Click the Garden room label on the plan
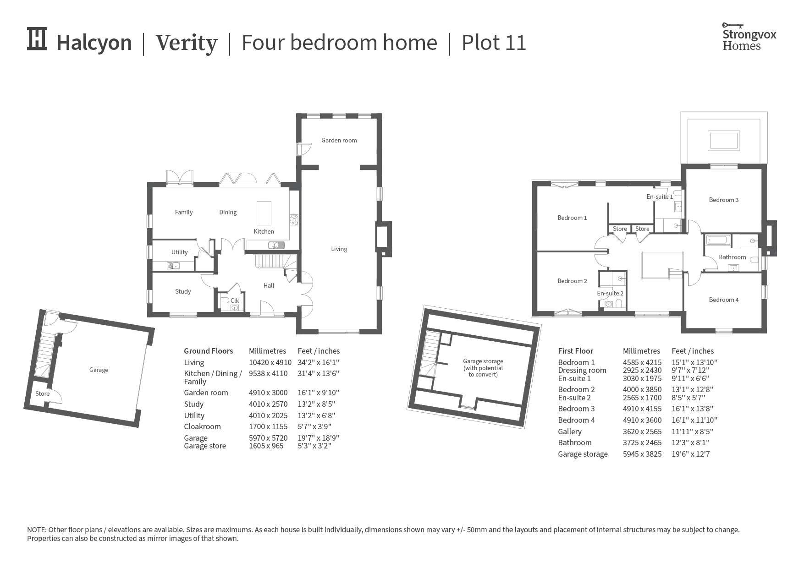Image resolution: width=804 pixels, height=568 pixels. click(x=339, y=141)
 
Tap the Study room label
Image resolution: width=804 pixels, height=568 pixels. click(x=183, y=292)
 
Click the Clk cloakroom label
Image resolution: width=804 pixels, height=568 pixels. click(x=235, y=301)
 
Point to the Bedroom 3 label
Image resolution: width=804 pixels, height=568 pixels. click(x=724, y=200)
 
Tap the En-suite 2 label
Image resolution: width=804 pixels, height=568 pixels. click(x=610, y=294)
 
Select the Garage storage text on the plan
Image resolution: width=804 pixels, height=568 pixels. click(x=483, y=368)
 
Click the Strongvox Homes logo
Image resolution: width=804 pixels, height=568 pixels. click(x=749, y=37)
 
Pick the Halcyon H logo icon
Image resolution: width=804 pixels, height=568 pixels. click(x=37, y=38)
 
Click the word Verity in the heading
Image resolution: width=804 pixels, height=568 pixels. click(x=187, y=43)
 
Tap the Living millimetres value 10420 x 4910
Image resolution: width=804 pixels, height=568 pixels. click(x=270, y=363)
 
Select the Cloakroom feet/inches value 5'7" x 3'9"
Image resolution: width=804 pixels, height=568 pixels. click(x=317, y=427)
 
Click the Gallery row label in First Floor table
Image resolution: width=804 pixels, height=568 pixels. click(x=570, y=432)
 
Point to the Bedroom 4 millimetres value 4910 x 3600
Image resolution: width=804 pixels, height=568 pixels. click(x=642, y=421)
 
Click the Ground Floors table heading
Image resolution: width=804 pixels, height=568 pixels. click(x=209, y=351)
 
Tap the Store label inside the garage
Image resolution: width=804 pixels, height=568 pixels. click(x=43, y=394)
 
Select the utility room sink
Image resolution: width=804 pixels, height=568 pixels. click(x=173, y=265)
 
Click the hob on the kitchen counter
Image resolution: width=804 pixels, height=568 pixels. click(x=294, y=220)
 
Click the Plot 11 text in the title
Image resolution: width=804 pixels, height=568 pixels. click(x=494, y=43)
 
